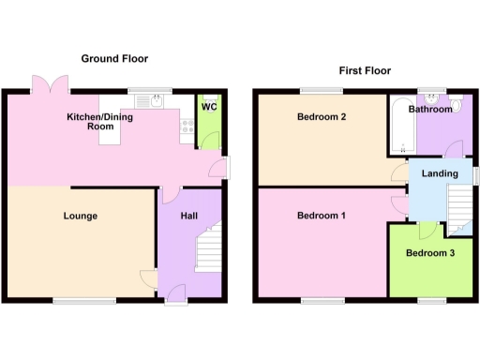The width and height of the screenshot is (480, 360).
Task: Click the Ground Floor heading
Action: (114, 58)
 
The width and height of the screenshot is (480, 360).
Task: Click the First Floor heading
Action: (365, 70)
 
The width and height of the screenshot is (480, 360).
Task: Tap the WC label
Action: (209, 107)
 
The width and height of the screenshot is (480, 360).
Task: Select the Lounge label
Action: (81, 217)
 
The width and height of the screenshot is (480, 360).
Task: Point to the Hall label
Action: (188, 217)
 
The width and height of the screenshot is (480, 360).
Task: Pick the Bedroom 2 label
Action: (322, 117)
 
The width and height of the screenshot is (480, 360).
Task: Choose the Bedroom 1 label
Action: (322, 217)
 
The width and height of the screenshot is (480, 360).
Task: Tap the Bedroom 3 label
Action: (431, 253)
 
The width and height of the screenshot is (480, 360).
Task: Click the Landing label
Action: (440, 173)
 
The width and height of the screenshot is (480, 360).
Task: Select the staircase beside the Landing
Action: (459, 206)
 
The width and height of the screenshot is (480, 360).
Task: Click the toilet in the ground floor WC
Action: (209, 142)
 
